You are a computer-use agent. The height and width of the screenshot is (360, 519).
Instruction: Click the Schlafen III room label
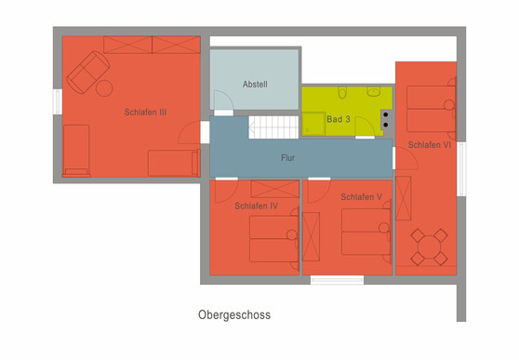click(145, 113)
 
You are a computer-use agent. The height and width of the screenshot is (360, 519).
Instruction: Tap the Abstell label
click(255, 84)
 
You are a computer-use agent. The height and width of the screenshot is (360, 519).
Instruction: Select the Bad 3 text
click(339, 120)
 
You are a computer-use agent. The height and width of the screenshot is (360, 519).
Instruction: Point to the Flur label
click(288, 158)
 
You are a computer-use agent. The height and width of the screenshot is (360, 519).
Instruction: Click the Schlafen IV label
click(257, 206)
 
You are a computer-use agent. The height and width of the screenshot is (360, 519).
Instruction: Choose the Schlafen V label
click(362, 197)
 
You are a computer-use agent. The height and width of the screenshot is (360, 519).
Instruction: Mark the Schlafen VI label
click(430, 145)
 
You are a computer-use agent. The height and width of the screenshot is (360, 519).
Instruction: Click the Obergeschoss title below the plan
click(234, 315)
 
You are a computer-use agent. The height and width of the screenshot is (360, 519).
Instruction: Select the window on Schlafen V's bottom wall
click(337, 279)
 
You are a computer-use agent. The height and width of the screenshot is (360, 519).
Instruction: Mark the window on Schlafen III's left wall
click(58, 101)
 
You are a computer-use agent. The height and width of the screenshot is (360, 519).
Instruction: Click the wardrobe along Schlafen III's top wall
click(152, 45)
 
